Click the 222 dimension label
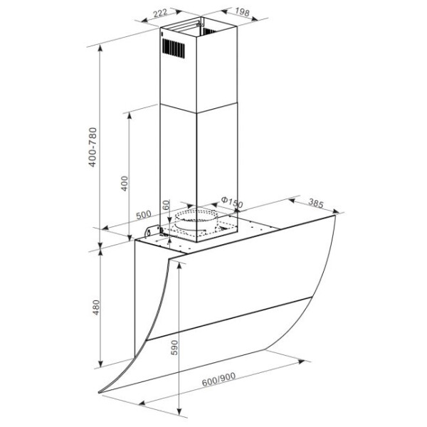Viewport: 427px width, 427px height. (160, 13)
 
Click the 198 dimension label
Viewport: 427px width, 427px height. (242, 12)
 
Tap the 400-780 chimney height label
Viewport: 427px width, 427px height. (93, 147)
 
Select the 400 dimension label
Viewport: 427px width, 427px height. (125, 184)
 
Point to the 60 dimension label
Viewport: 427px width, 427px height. (166, 204)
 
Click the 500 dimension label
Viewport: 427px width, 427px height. (144, 215)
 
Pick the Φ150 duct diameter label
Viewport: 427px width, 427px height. (231, 202)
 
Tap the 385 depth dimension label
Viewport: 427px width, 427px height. (316, 203)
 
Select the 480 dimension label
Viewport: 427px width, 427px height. (96, 307)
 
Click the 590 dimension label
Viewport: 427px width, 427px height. (174, 347)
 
